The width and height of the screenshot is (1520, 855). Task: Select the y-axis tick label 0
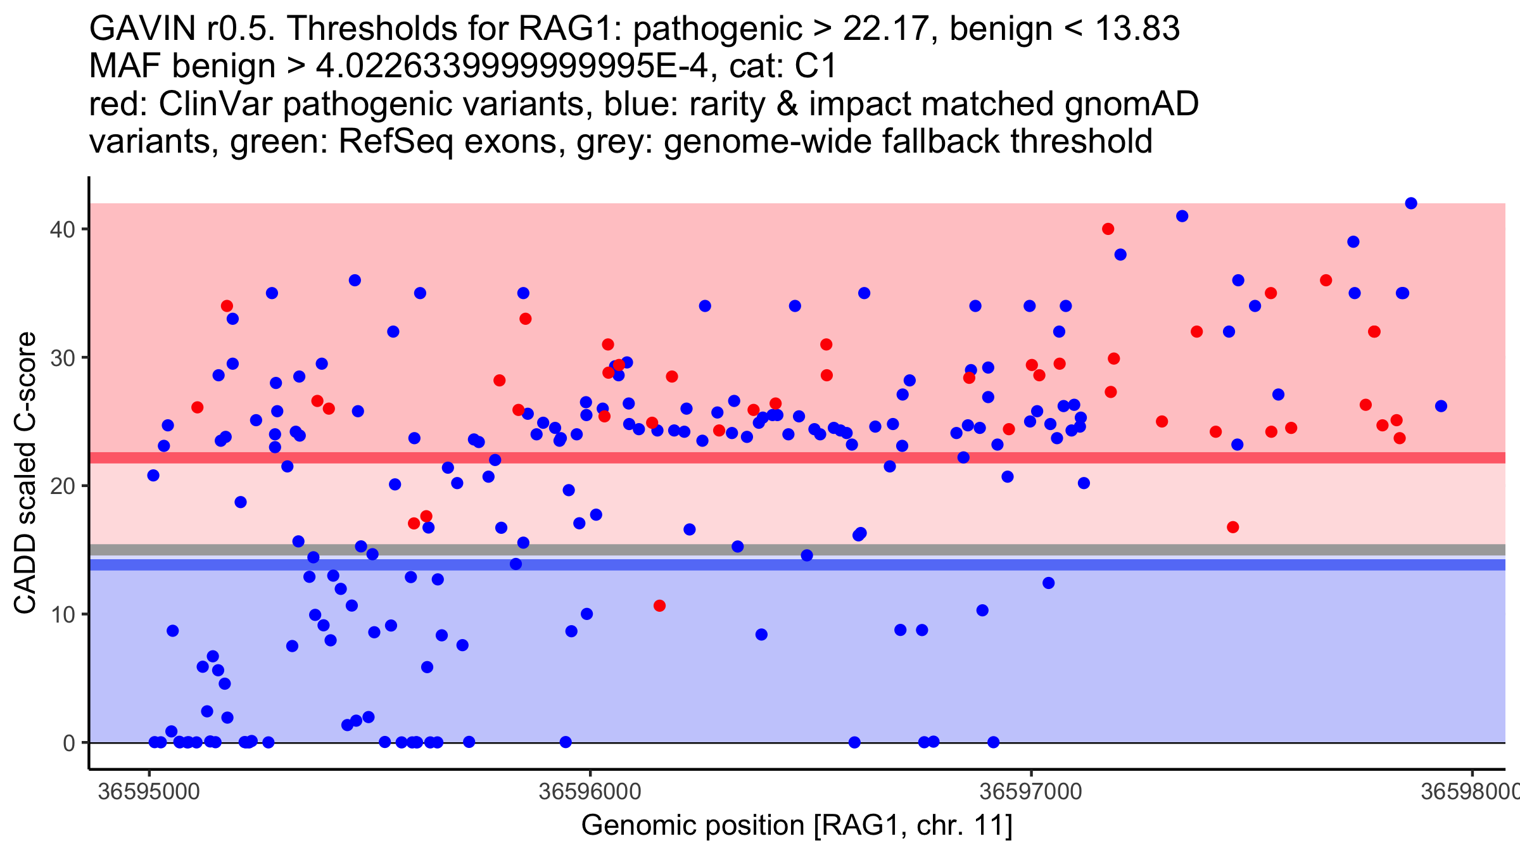[68, 743]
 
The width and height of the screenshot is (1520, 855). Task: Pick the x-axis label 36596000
[590, 792]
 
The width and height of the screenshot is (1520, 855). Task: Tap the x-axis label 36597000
[1030, 792]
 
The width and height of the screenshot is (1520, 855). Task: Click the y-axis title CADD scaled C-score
[25, 474]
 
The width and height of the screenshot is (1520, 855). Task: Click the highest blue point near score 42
[1411, 203]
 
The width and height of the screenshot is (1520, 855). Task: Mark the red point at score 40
[1108, 229]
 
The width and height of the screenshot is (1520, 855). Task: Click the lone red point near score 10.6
[659, 605]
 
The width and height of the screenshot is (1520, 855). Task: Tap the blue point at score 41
[1182, 216]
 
